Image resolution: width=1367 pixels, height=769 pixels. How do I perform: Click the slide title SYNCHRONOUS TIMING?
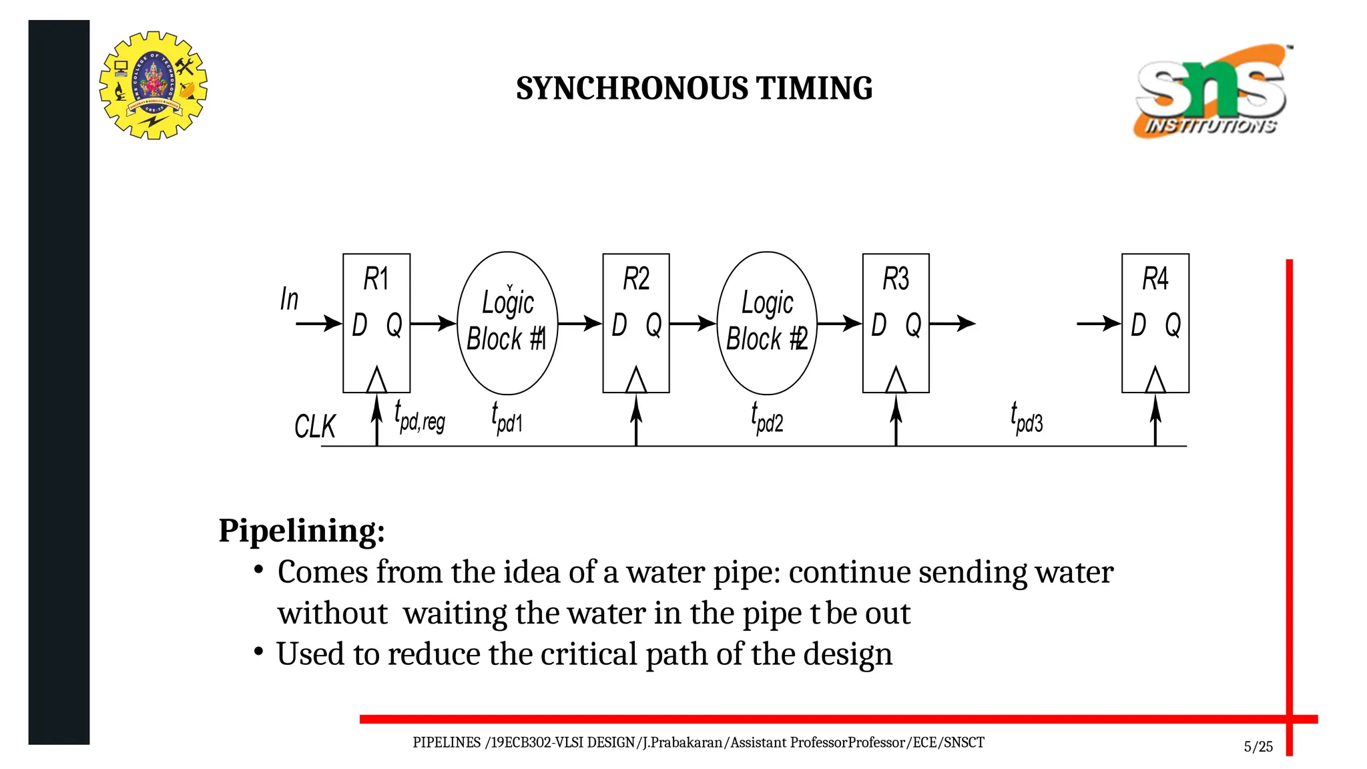694,88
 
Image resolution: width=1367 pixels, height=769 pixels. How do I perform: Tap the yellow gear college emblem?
154,85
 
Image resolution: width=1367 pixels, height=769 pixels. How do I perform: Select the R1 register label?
376,278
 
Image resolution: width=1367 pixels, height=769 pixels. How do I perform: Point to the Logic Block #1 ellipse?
507,323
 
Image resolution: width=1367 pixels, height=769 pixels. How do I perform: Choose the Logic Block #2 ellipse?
767,323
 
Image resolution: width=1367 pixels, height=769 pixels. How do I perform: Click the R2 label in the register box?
635,278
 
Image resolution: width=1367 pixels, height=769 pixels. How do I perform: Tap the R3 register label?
895,278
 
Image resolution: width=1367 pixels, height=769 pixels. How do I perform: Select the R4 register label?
1155,278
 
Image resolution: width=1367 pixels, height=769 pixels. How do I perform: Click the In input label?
289,299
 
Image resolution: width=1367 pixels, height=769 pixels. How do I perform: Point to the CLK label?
314,427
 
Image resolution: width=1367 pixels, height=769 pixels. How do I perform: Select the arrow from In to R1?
318,324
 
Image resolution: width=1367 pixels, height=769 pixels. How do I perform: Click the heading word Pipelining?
302,531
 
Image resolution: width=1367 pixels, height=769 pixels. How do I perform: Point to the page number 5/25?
1258,746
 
